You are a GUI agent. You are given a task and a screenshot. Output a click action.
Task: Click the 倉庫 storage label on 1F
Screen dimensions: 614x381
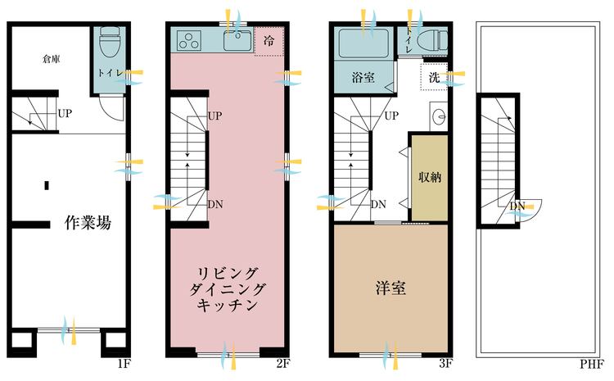(x=51, y=60)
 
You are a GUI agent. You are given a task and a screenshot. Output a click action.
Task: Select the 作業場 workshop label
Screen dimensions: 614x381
(x=88, y=223)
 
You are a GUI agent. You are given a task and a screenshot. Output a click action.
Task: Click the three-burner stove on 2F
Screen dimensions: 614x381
(x=189, y=41)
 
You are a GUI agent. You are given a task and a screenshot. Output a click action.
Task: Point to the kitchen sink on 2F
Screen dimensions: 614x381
(x=237, y=41)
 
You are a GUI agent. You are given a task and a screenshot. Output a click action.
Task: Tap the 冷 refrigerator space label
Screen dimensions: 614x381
(x=269, y=41)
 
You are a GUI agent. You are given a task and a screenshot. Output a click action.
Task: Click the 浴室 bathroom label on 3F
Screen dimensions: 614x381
(x=363, y=77)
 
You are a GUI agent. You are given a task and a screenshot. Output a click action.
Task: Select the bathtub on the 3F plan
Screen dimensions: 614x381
(x=363, y=43)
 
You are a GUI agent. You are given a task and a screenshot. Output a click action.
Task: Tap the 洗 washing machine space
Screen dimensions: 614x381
(x=434, y=77)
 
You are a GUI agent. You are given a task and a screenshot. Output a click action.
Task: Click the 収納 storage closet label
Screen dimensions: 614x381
(x=430, y=177)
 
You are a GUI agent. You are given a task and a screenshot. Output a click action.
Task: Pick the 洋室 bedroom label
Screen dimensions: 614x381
(x=391, y=288)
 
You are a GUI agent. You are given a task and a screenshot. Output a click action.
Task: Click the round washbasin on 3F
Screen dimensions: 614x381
(x=440, y=116)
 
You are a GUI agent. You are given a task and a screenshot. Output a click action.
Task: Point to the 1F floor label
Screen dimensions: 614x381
(x=124, y=363)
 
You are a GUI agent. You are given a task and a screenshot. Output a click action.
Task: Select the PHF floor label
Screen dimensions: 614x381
(x=592, y=364)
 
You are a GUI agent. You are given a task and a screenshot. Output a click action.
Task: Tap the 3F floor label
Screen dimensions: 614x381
(x=445, y=363)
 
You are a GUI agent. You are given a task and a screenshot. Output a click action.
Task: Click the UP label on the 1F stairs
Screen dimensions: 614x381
(x=65, y=114)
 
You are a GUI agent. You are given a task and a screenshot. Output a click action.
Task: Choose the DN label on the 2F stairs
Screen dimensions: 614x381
(x=215, y=204)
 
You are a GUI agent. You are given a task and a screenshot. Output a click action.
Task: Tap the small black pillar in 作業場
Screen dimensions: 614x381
(x=47, y=185)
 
